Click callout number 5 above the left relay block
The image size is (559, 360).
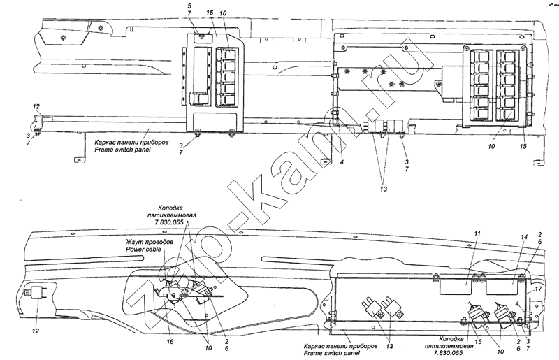tap(189, 6)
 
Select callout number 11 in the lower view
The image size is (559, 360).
tap(477, 233)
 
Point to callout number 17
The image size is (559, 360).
tap(538, 289)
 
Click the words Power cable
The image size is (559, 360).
tap(143, 250)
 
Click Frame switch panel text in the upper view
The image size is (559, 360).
tap(122, 150)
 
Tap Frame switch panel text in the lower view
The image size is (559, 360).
tap(331, 353)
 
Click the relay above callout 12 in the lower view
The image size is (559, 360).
tap(38, 293)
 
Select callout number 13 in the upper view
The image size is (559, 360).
tap(383, 189)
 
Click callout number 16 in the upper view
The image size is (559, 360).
tap(210, 13)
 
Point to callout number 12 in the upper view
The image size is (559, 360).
tap(36, 106)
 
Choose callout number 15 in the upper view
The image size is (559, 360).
tap(523, 146)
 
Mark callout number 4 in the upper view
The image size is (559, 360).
tap(342, 162)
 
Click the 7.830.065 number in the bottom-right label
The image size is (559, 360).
tap(448, 353)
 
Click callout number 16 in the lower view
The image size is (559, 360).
tap(170, 342)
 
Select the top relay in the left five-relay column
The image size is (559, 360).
tap(228, 54)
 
